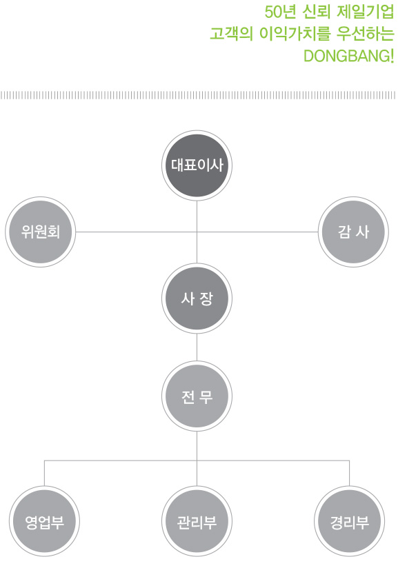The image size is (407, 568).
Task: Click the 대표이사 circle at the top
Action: coord(197,165)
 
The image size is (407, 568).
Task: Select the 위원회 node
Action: coord(40,232)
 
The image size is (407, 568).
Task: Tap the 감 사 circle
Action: coord(353,232)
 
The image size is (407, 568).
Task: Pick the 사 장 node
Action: coord(197,298)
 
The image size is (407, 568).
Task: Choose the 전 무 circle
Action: coord(197,396)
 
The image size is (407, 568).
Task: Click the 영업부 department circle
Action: coord(44,521)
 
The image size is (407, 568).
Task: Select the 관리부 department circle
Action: coord(197,521)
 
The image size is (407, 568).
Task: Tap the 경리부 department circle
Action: coord(349,521)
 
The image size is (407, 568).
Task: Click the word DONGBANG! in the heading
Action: coord(348,56)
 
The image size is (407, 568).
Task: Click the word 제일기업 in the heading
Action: coord(366,12)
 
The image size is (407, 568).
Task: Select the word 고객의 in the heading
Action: coord(231,34)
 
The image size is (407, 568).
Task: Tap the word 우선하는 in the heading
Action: coord(366,34)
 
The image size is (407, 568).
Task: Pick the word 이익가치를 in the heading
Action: coord(295,34)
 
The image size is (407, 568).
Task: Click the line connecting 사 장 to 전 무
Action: coord(197,347)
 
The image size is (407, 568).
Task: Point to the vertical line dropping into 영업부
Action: coord(44,473)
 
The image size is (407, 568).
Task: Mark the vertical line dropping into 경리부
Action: coord(349,473)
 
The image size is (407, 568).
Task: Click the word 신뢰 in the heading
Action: coord(317,12)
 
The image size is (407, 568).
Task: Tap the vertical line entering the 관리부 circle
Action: coord(197,473)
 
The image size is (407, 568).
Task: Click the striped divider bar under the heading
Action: coord(198,95)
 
